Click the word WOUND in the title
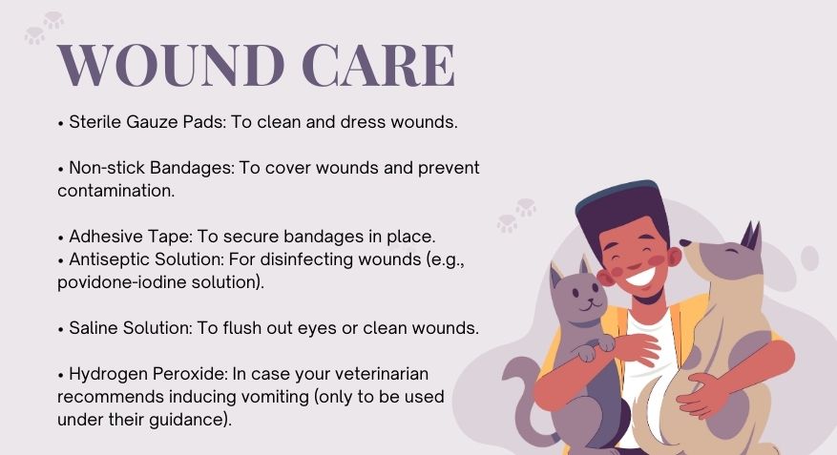click(171, 66)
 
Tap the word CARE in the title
click(379, 66)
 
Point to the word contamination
click(115, 191)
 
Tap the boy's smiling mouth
click(640, 276)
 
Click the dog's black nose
click(685, 243)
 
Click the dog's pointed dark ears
click(751, 236)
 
